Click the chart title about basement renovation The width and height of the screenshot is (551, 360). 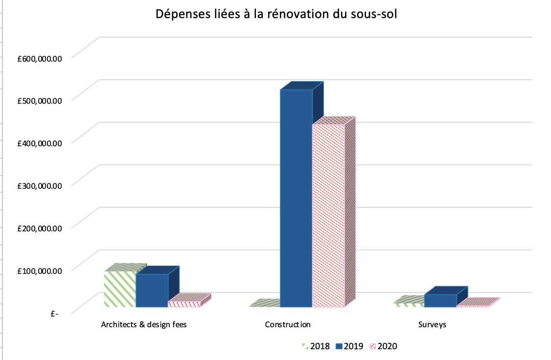click(276, 14)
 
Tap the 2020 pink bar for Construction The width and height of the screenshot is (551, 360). click(328, 215)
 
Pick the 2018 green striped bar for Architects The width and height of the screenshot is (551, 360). click(120, 289)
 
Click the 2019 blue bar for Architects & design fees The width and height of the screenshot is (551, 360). click(152, 291)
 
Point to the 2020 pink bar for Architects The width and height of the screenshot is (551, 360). click(184, 303)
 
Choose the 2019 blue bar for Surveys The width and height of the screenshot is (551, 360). click(440, 300)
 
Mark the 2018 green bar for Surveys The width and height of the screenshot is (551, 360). click(410, 304)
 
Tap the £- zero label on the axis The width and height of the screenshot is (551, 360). click(54, 313)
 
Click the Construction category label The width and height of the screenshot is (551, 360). click(288, 324)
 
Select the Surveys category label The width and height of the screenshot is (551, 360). click(432, 324)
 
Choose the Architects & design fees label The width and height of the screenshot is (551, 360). click(144, 324)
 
